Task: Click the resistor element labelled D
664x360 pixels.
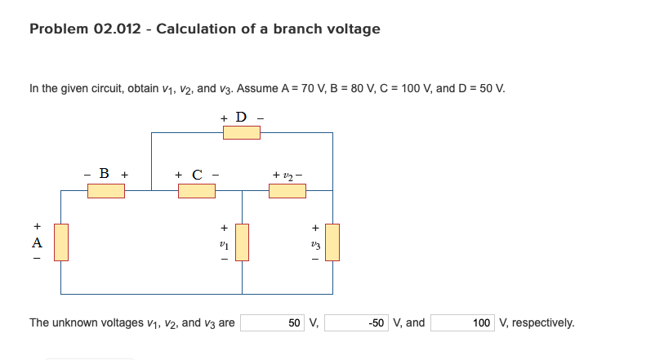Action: coord(242,132)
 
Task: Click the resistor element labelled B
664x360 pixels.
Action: coord(106,191)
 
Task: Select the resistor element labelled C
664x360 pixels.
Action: coord(197,191)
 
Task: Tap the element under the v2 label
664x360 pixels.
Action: coord(287,191)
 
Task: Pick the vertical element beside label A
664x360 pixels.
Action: coord(61,242)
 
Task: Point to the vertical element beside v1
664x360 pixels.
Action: coord(242,242)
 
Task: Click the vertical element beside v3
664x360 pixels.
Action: coord(332,242)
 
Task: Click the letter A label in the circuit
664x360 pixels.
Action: coord(35,242)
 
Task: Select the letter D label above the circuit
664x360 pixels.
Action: coord(241,116)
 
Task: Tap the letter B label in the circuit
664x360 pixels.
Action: coord(105,173)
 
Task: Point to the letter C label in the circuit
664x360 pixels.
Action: coord(197,174)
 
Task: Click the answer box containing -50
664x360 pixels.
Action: coord(361,322)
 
